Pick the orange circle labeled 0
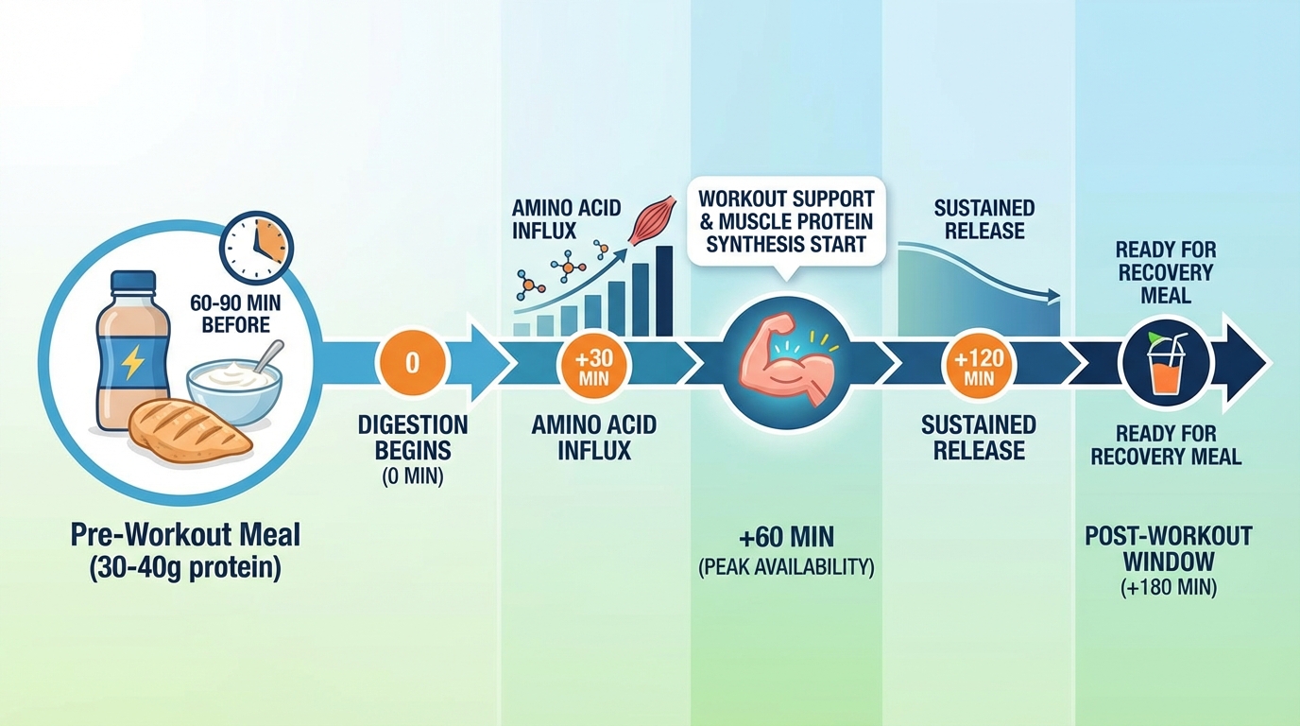(x=411, y=363)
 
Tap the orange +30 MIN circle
(x=593, y=364)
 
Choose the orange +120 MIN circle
(x=979, y=365)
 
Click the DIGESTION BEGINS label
(x=412, y=437)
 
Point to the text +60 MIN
(x=786, y=538)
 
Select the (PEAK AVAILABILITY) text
(x=786, y=568)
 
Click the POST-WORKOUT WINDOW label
(x=1168, y=549)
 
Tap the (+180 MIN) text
(x=1168, y=588)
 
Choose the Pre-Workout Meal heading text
(x=185, y=535)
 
